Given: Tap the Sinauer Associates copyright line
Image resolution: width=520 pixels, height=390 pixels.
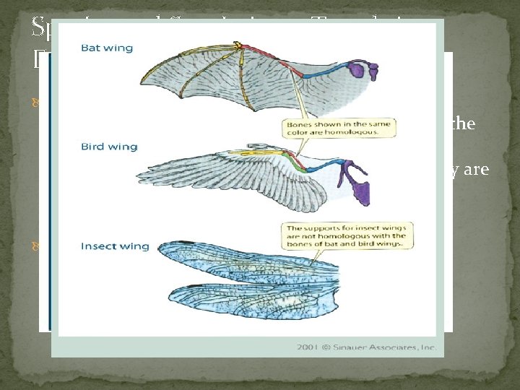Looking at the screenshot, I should click(x=368, y=347).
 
